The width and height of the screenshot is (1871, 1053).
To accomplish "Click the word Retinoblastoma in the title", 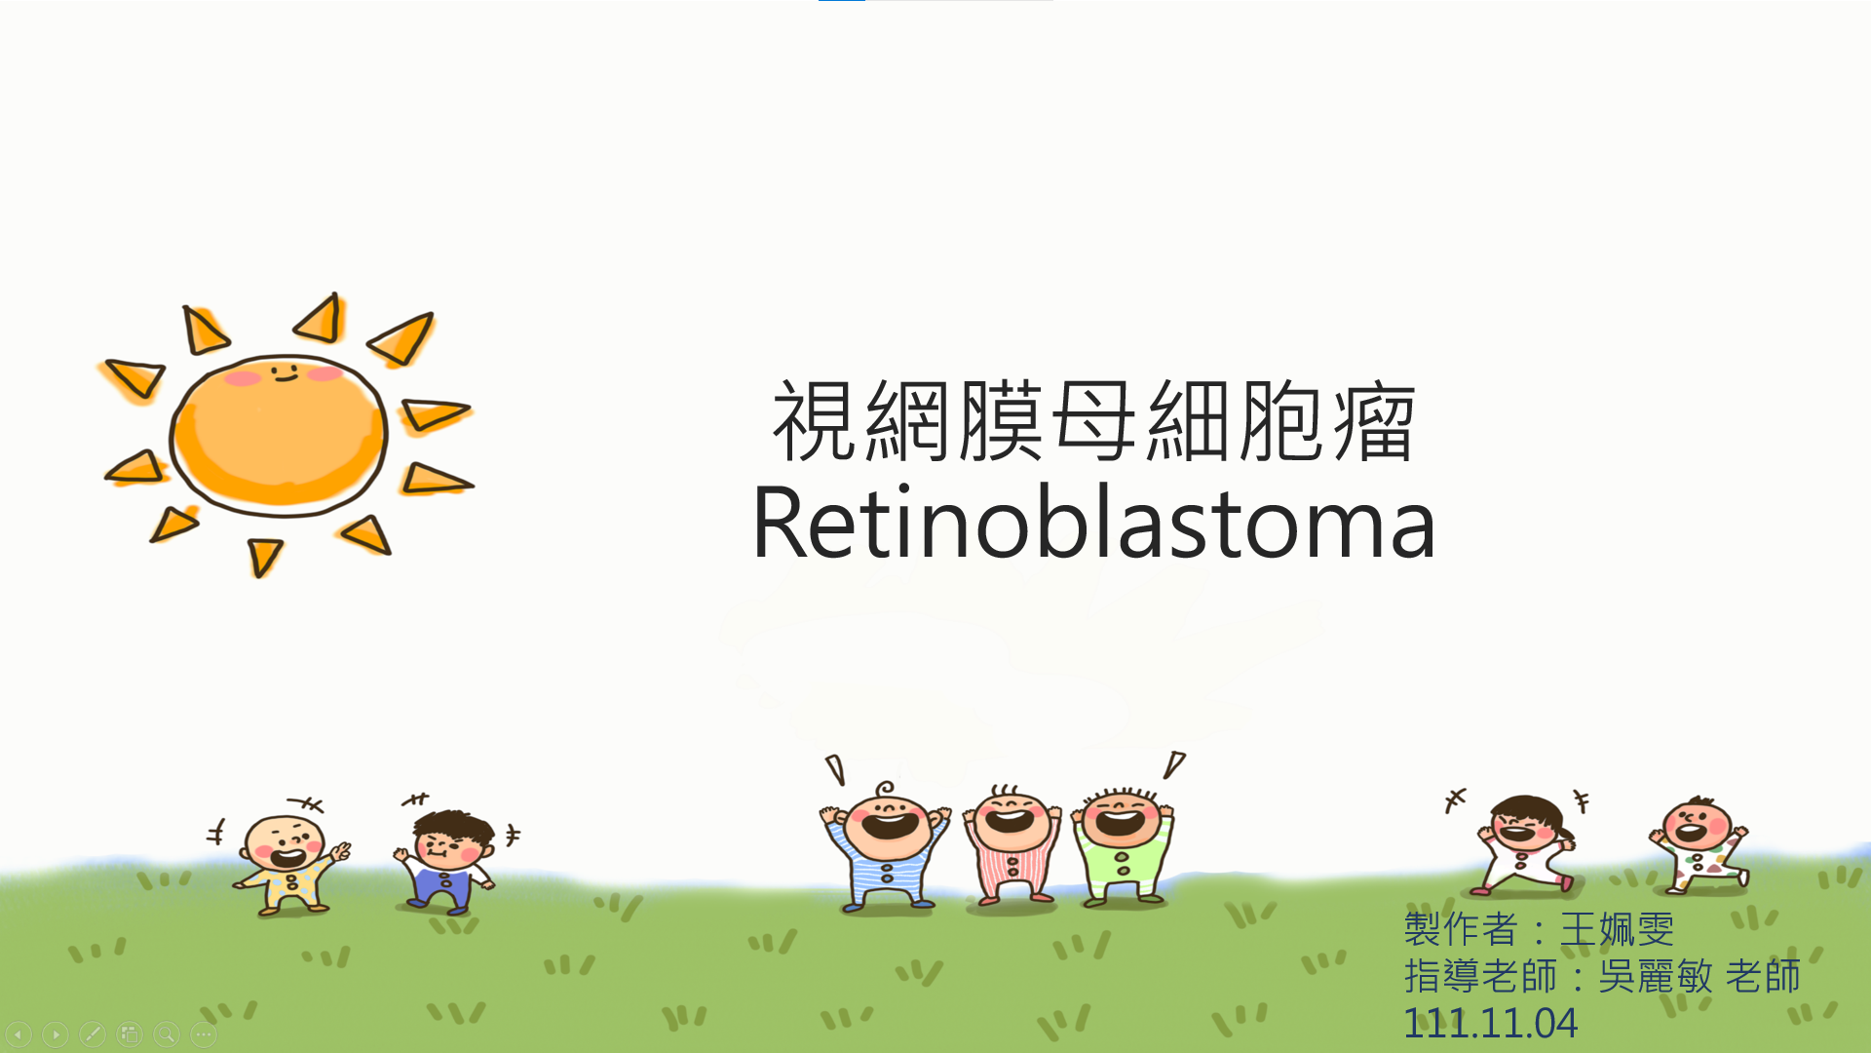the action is pyautogui.click(x=1093, y=524).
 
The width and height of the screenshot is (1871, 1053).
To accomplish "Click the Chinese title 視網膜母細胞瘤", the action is pyautogui.click(x=1093, y=421).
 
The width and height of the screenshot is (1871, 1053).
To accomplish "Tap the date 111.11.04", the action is pyautogui.click(x=1490, y=1023).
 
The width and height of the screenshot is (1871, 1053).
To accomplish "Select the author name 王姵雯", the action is pyautogui.click(x=1618, y=929).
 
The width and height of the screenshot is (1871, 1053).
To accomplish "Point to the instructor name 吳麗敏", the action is pyautogui.click(x=1656, y=976).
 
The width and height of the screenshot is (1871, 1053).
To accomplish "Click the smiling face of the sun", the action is pyautogui.click(x=285, y=372).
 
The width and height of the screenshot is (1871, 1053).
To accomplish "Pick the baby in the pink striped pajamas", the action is pyautogui.click(x=1012, y=844).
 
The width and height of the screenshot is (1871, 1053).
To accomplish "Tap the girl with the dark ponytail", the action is pyautogui.click(x=1525, y=843).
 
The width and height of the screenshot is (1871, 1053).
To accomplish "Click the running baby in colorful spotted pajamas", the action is pyautogui.click(x=1700, y=844).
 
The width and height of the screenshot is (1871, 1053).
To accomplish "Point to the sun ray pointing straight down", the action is pyautogui.click(x=263, y=557).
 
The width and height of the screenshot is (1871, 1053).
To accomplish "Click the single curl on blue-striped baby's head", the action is pyautogui.click(x=884, y=789).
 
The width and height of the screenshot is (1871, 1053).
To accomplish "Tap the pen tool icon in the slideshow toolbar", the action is pyautogui.click(x=93, y=1033).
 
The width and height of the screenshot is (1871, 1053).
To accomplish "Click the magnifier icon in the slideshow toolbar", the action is pyautogui.click(x=167, y=1033).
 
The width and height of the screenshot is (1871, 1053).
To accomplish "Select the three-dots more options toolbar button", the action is pyautogui.click(x=204, y=1033).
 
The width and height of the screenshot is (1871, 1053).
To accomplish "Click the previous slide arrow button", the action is pyautogui.click(x=19, y=1033).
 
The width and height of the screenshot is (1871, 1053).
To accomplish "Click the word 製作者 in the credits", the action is pyautogui.click(x=1461, y=929).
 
